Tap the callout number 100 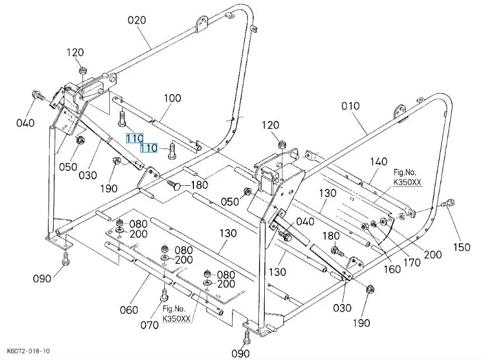[172, 98]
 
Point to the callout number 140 [379, 161]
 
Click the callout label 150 [462, 247]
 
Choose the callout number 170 [412, 262]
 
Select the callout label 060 [129, 309]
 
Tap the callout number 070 [149, 325]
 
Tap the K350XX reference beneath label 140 [407, 182]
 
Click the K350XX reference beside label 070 [177, 318]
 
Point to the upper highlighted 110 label [135, 138]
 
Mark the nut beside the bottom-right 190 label [369, 289]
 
